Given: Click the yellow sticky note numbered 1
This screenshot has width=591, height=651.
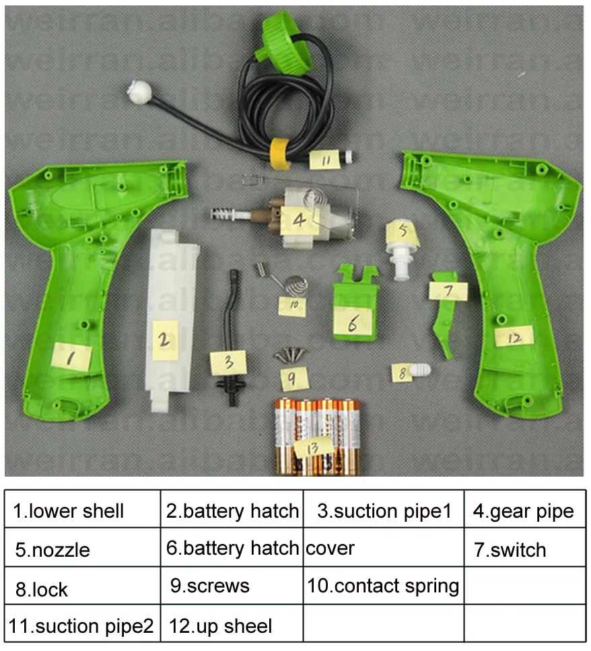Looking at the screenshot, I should pos(71,355).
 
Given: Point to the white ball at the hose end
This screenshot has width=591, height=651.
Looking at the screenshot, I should pos(140,90).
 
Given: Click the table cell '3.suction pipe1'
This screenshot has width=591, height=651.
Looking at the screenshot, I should pos(383,510).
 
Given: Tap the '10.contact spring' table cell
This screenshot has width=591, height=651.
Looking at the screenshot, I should pos(383,586).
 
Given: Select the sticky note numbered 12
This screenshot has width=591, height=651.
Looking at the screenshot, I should pos(514,337).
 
